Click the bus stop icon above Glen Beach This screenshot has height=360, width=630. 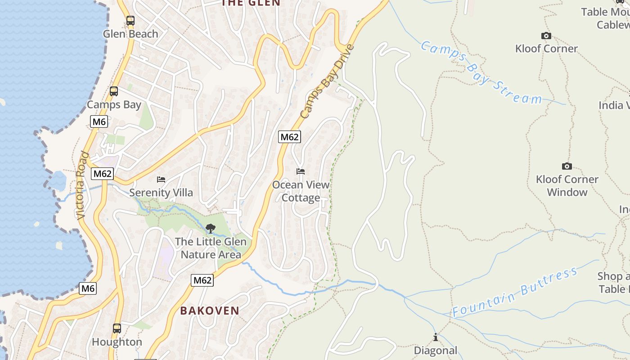130,20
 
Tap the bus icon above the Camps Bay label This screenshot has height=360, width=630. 114,91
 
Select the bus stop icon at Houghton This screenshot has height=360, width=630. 117,328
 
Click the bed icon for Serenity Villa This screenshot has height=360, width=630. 161,180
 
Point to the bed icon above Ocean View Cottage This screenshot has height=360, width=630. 301,171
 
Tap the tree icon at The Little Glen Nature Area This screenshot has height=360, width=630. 210,229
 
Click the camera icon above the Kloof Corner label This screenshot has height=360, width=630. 546,36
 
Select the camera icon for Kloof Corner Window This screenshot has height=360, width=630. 567,166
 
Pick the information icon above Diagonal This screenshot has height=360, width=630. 435,337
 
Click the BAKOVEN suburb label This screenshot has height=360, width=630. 210,310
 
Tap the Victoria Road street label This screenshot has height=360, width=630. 82,185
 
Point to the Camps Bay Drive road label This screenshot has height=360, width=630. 327,81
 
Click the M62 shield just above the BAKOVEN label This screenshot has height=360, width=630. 202,280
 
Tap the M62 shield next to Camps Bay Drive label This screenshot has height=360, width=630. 289,137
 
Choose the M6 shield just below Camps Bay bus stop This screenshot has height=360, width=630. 99,121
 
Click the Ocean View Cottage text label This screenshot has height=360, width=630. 301,191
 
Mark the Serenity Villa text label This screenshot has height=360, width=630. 161,193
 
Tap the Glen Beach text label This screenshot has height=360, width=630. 130,34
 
